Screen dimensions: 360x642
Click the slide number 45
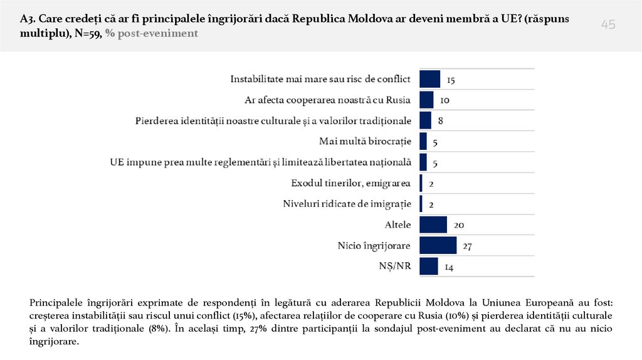[x=608, y=24]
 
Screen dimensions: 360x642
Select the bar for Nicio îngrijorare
[x=438, y=246]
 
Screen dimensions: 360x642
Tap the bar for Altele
[x=433, y=225]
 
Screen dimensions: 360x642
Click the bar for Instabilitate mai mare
[x=429, y=79]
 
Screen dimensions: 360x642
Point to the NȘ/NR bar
[x=428, y=267]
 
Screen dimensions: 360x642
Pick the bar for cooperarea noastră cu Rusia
[x=426, y=100]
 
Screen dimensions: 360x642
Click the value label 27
[x=467, y=246]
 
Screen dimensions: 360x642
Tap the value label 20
[x=458, y=225]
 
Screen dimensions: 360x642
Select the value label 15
[x=451, y=80]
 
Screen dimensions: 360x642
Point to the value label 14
[x=449, y=267]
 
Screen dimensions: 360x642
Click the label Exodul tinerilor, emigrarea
[x=351, y=183]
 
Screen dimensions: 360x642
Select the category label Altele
[x=397, y=225]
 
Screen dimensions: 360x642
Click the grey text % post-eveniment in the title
[x=152, y=33]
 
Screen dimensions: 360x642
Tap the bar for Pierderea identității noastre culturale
[x=425, y=120]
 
